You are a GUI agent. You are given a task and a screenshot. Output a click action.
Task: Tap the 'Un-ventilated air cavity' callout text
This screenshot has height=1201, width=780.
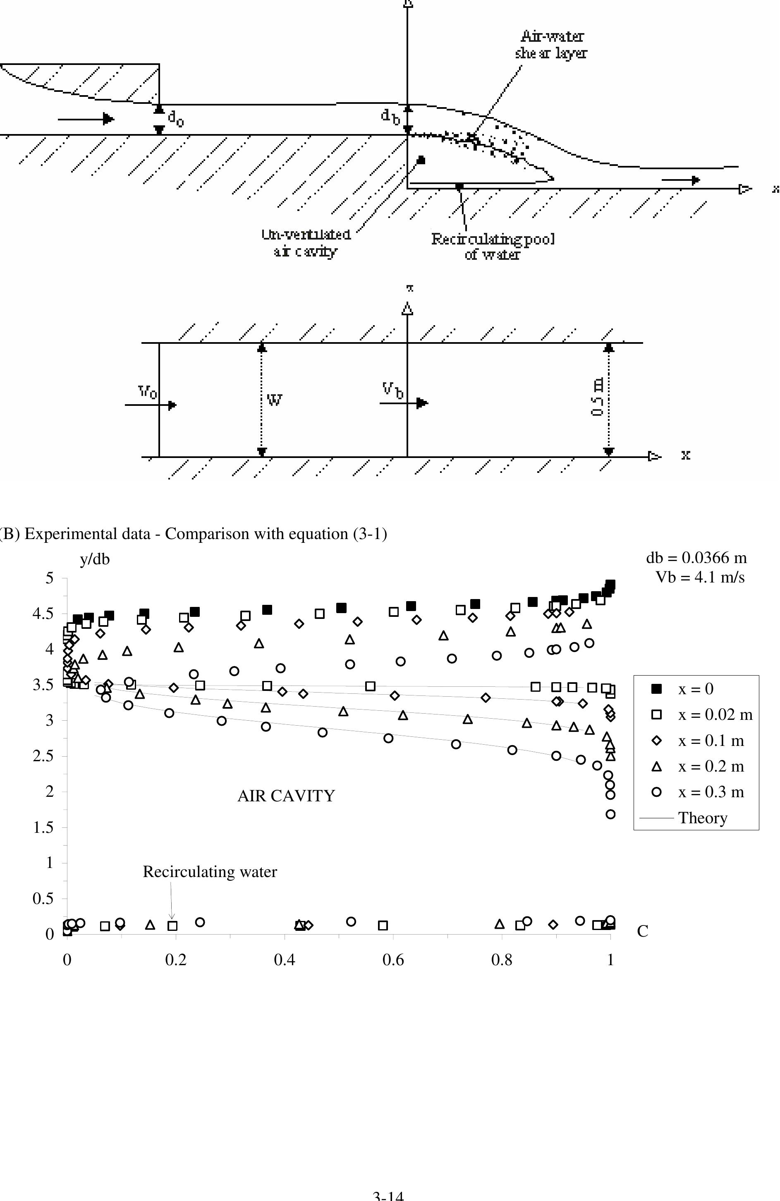(306, 243)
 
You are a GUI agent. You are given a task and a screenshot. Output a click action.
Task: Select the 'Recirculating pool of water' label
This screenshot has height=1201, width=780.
(493, 246)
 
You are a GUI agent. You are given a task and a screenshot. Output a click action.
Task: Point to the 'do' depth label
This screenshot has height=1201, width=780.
(176, 119)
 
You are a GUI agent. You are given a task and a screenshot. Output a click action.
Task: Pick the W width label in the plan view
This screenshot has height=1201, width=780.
(274, 400)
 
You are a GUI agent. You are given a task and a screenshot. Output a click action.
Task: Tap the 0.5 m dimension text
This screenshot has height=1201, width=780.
(597, 398)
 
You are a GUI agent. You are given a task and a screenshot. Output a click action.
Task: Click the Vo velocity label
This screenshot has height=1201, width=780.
(147, 392)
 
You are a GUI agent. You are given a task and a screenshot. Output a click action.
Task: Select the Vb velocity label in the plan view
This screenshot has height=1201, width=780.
(392, 390)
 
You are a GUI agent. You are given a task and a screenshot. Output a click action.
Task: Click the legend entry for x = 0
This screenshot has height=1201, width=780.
(695, 689)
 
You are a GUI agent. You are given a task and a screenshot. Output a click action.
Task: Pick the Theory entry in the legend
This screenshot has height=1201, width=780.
(702, 817)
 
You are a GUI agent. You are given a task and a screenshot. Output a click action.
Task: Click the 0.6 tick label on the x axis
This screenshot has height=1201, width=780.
(393, 959)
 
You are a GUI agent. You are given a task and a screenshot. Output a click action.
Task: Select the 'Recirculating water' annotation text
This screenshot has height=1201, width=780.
(210, 872)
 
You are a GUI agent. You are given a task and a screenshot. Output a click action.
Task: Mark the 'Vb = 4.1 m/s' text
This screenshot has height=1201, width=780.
(700, 577)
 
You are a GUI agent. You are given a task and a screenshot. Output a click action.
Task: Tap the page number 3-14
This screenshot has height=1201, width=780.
(388, 1196)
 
